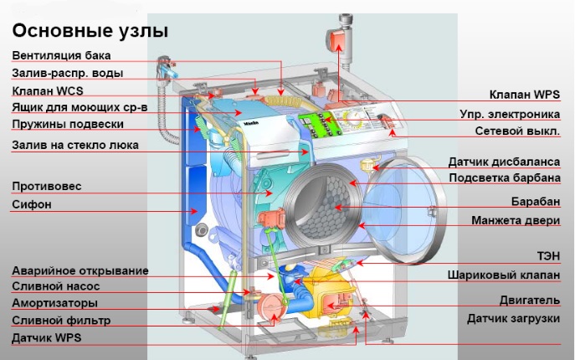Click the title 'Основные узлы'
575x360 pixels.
tap(90, 31)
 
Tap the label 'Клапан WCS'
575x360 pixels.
tap(47, 90)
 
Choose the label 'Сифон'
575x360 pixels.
tap(32, 203)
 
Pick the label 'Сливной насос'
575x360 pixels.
tap(56, 286)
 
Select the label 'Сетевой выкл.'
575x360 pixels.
tap(517, 131)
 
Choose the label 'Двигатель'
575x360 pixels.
tap(531, 298)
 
